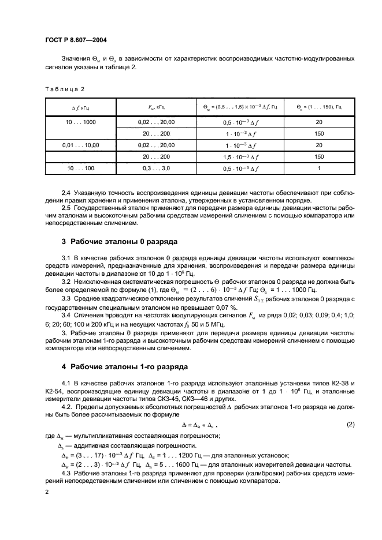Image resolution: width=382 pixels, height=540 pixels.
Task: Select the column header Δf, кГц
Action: pyautogui.click(x=81, y=108)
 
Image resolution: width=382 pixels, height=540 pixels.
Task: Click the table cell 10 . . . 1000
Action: pyautogui.click(x=81, y=122)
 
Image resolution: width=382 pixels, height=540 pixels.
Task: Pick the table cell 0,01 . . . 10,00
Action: pyautogui.click(x=81, y=145)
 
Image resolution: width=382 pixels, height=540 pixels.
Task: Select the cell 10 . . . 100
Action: pyautogui.click(x=81, y=168)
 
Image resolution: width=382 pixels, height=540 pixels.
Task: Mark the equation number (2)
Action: pyautogui.click(x=350, y=424)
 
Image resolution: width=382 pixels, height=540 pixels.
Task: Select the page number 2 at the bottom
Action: pyautogui.click(x=47, y=492)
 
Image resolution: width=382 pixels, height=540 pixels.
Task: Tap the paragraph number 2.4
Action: pyautogui.click(x=67, y=191)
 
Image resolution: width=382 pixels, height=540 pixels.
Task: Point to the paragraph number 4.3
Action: pyautogui.click(x=67, y=472)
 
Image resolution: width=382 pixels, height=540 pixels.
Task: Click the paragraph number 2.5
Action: pyautogui.click(x=67, y=207)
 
